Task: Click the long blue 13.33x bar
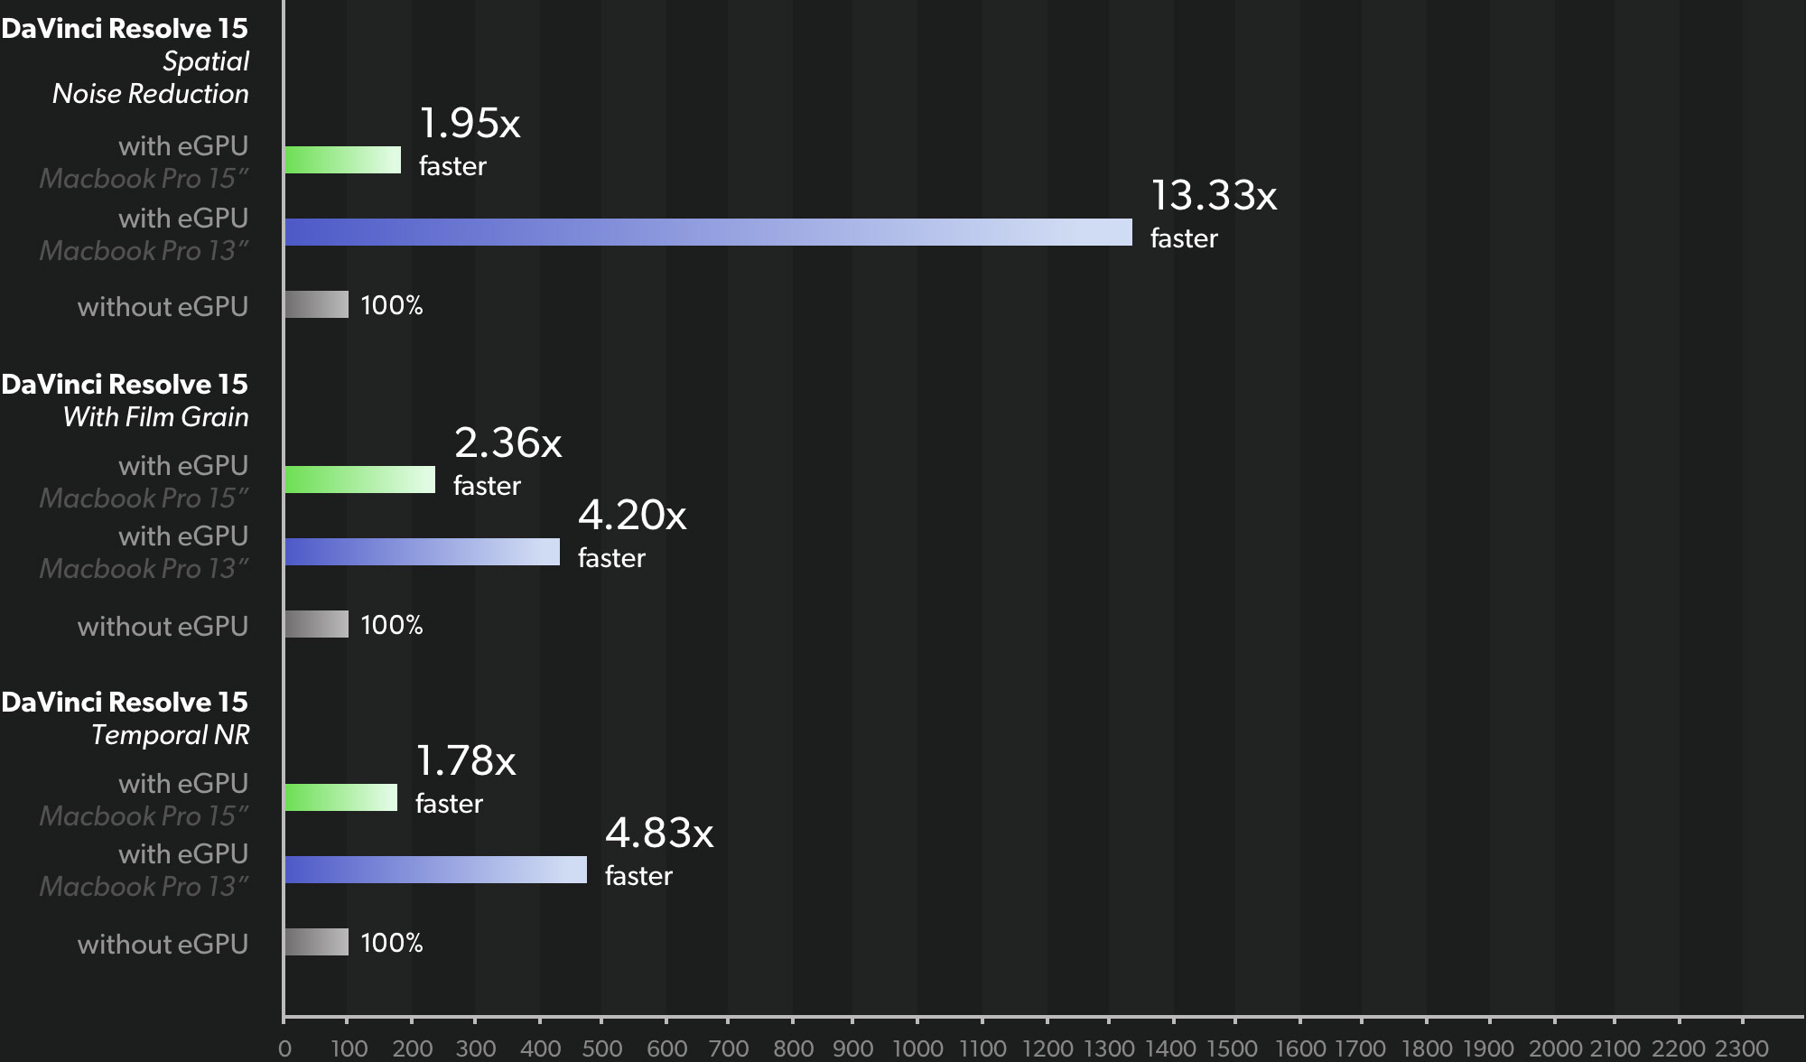click(708, 232)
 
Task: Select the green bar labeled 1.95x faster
click(342, 160)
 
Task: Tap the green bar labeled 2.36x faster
click(359, 480)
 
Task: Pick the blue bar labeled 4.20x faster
click(422, 552)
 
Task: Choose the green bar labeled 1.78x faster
click(340, 797)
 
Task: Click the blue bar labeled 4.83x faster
click(435, 870)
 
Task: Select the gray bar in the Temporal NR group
click(316, 942)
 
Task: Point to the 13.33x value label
click(1213, 196)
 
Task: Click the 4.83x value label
click(659, 834)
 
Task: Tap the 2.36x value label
click(507, 443)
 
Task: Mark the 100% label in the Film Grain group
click(392, 625)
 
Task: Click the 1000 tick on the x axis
click(917, 1048)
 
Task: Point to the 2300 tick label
click(1741, 1048)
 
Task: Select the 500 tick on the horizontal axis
click(602, 1048)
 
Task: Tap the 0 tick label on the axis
click(285, 1048)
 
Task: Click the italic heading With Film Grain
click(156, 417)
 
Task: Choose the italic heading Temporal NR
click(170, 735)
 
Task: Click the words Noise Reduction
click(150, 94)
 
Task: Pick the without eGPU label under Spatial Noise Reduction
click(163, 307)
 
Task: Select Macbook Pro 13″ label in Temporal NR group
click(144, 887)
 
